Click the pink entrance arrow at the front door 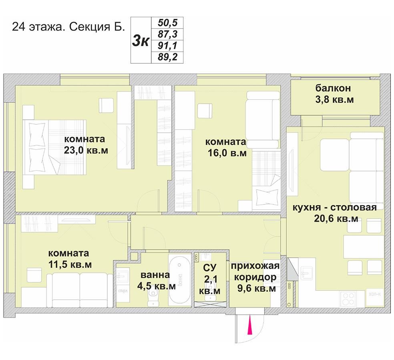tap(250, 324)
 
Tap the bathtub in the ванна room tap(180, 280)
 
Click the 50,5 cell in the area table tap(167, 22)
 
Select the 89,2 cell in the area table tap(167, 57)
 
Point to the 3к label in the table tap(141, 40)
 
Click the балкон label tap(333, 88)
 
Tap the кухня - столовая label tap(334, 208)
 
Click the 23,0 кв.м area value tap(86, 150)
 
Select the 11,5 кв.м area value tap(70, 264)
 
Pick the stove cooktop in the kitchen tap(348, 299)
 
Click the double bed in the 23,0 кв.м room tap(54, 147)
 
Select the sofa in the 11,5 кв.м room tap(80, 290)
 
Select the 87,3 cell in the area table tap(167, 34)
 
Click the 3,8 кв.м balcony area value tap(334, 100)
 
